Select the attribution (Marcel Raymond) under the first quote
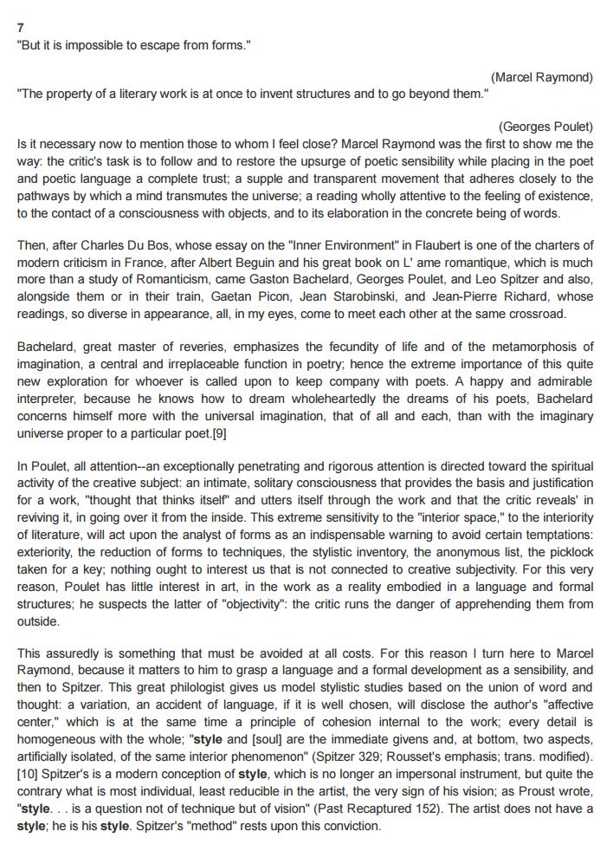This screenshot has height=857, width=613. pos(541,78)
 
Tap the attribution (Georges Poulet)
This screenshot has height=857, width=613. pos(546,127)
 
